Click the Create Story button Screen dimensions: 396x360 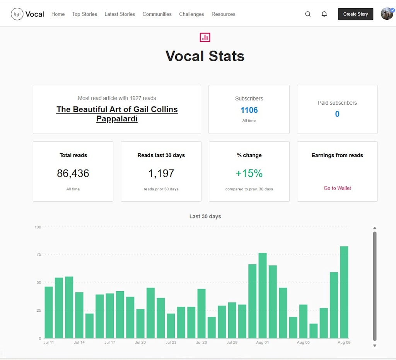(x=355, y=14)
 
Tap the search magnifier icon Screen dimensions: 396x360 (x=307, y=14)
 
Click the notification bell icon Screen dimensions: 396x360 (x=324, y=14)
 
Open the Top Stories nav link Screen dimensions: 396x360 (x=84, y=14)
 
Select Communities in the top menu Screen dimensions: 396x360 (x=157, y=14)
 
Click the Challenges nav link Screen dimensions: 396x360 (x=191, y=14)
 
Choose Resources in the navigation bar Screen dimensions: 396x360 (x=223, y=14)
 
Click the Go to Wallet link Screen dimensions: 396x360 (x=337, y=188)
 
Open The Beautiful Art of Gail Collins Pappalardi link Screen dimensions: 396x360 (x=117, y=114)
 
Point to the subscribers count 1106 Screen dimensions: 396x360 (x=249, y=110)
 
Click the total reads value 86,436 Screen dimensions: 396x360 (x=73, y=173)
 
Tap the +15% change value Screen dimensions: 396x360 (x=249, y=173)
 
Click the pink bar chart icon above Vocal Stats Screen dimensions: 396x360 (x=205, y=37)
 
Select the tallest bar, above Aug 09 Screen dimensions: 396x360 (x=344, y=292)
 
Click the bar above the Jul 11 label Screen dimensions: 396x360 (x=49, y=312)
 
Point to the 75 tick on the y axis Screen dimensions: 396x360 (x=39, y=254)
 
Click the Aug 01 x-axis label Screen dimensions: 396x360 (x=263, y=342)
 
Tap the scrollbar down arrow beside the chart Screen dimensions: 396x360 (x=374, y=346)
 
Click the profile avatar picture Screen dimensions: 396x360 (x=387, y=14)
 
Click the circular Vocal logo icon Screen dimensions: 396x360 (x=17, y=14)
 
